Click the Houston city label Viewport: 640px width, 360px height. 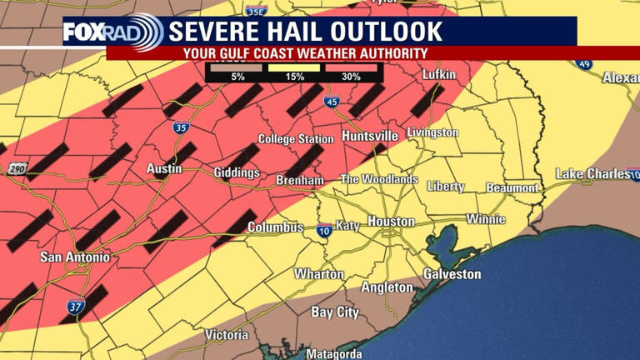point(391,222)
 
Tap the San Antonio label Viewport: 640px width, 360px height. point(74,257)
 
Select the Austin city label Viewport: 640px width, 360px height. point(164,168)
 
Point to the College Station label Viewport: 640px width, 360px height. point(296,139)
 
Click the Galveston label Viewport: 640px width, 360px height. point(452,274)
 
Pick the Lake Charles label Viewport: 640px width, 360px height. point(593,173)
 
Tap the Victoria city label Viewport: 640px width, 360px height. point(226,335)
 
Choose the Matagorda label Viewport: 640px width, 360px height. point(334,354)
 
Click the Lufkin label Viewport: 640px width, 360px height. point(440,75)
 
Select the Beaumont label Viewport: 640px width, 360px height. point(512,187)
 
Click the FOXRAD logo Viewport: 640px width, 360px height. point(113,32)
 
